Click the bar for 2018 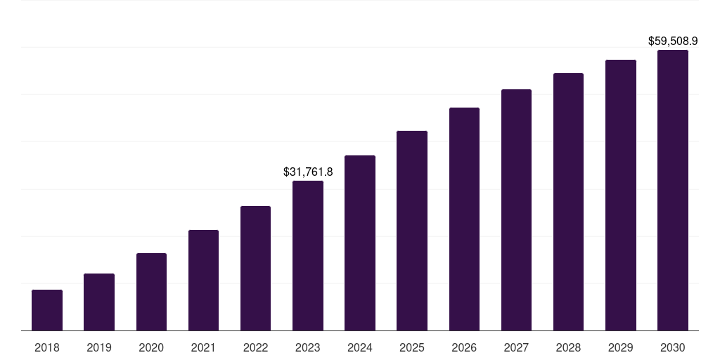click(47, 310)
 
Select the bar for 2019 click(99, 302)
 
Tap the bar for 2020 click(151, 292)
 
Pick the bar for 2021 click(203, 281)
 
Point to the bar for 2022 click(255, 269)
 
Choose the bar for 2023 click(308, 256)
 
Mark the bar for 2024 click(360, 243)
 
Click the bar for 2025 click(412, 231)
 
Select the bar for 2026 click(464, 219)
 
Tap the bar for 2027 click(516, 210)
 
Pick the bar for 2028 click(568, 202)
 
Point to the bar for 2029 click(621, 195)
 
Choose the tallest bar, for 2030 click(673, 191)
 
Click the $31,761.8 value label click(308, 172)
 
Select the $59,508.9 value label click(672, 41)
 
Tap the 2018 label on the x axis click(47, 347)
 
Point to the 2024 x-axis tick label click(360, 347)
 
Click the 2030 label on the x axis click(673, 347)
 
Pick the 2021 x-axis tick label click(203, 347)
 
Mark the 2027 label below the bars click(516, 347)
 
